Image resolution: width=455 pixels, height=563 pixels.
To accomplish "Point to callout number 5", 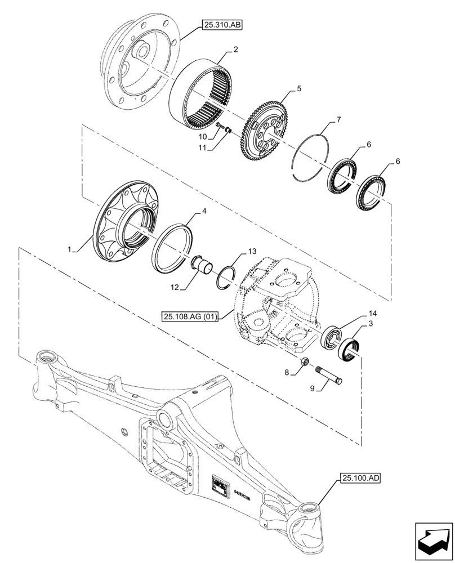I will click(x=299, y=88).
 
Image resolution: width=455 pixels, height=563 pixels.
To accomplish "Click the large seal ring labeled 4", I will click(x=172, y=248).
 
